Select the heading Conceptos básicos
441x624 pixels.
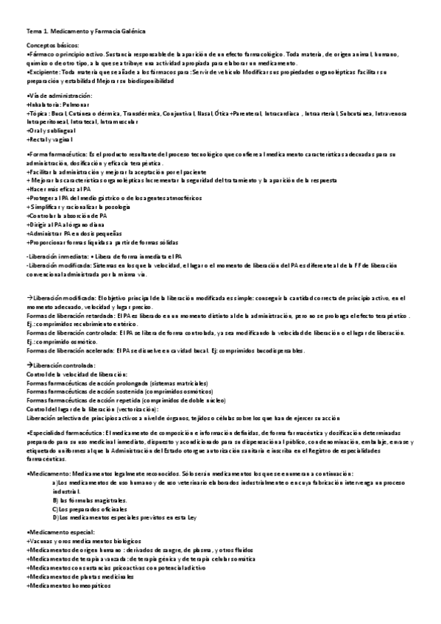[51, 46]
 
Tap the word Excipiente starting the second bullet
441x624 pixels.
[43, 73]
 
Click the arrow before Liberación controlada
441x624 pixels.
[29, 366]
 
